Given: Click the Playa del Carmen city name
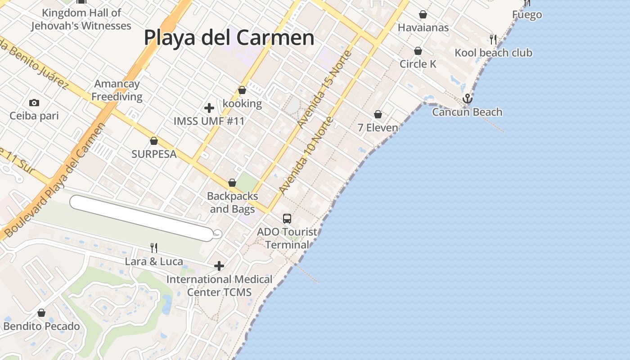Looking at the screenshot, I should pyautogui.click(x=229, y=37).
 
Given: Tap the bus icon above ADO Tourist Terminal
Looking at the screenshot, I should pyautogui.click(x=287, y=219).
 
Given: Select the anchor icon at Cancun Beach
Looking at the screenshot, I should pyautogui.click(x=468, y=98).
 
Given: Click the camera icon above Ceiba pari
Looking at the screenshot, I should pyautogui.click(x=34, y=103).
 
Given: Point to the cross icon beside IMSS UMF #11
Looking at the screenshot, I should pyautogui.click(x=209, y=108).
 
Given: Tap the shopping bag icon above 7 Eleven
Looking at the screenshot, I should pyautogui.click(x=378, y=115).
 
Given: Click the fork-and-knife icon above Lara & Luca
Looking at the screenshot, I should pyautogui.click(x=154, y=247).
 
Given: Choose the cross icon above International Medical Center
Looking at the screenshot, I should pyautogui.click(x=219, y=266).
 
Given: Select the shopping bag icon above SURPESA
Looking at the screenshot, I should pyautogui.click(x=154, y=141).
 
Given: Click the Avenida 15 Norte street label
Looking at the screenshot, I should pyautogui.click(x=324, y=89).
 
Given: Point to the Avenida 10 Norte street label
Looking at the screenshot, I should pyautogui.click(x=306, y=155).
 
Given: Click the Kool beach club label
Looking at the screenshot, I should pyautogui.click(x=493, y=53).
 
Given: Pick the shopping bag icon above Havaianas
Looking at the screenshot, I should pyautogui.click(x=423, y=15).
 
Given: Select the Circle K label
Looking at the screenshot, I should pyautogui.click(x=418, y=64).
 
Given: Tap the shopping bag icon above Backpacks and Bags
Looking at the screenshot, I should pyautogui.click(x=232, y=183).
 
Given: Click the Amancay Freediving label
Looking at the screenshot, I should pyautogui.click(x=117, y=90).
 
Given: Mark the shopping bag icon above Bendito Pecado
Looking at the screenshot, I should pyautogui.click(x=41, y=313).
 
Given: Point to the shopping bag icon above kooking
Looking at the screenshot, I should pyautogui.click(x=242, y=90).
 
